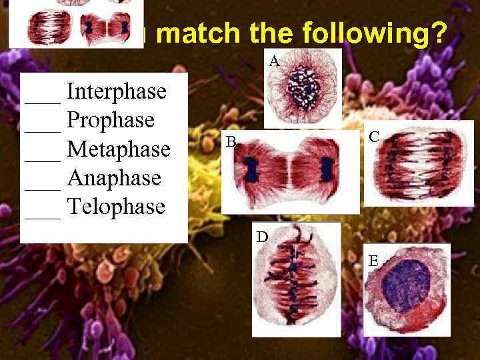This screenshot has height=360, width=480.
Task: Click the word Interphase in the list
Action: pyautogui.click(x=117, y=91)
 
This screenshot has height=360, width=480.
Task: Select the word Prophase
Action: pyautogui.click(x=111, y=120)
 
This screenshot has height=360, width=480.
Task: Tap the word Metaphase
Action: pyautogui.click(x=119, y=149)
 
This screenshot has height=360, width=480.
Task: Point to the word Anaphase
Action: pyautogui.click(x=114, y=178)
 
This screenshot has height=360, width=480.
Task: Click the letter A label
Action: pyautogui.click(x=274, y=62)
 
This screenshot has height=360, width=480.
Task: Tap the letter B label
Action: pyautogui.click(x=230, y=141)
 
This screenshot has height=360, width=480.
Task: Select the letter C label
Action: pyautogui.click(x=374, y=137)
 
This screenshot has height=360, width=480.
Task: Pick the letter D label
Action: pyautogui.click(x=263, y=236)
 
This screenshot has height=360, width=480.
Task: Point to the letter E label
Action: pyautogui.click(x=375, y=261)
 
